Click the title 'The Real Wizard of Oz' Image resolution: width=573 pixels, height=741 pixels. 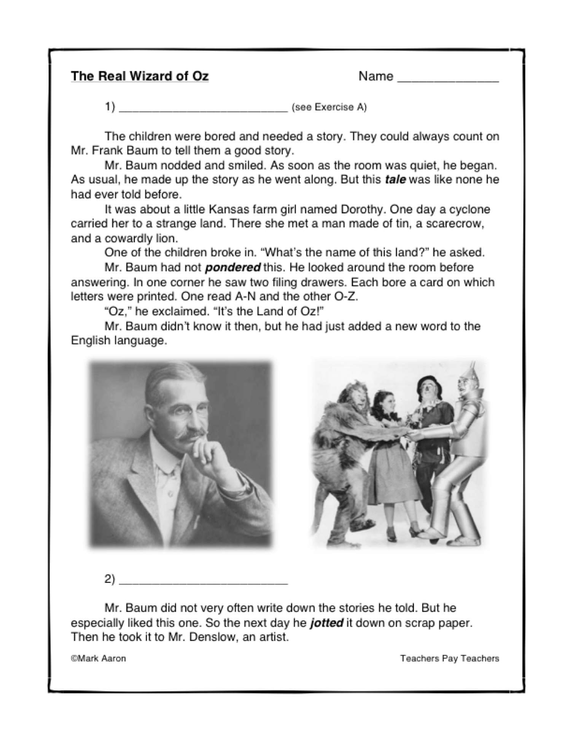140,76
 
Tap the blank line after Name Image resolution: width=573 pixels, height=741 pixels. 448,80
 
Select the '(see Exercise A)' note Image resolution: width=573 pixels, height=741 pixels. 329,107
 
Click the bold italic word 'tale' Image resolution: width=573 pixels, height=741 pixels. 395,180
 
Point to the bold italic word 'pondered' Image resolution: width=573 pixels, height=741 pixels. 233,267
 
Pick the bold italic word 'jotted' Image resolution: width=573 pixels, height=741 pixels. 327,623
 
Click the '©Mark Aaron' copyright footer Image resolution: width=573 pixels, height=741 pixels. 98,658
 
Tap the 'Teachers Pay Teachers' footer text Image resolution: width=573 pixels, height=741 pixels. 449,658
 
